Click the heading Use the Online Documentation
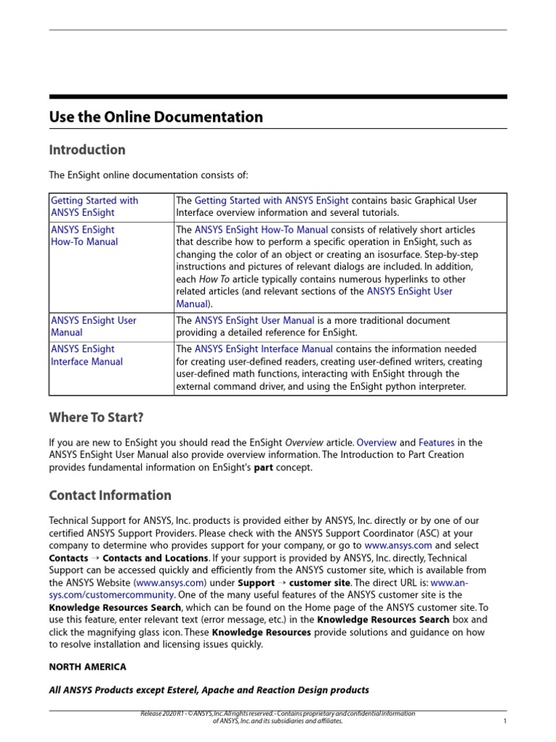(156, 117)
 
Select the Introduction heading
(87, 150)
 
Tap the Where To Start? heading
(96, 417)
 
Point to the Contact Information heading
(110, 496)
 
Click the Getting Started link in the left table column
(94, 207)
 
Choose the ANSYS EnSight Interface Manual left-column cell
(86, 355)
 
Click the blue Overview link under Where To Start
(376, 442)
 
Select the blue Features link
(437, 442)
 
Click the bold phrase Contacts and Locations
(156, 558)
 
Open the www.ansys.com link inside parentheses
(171, 583)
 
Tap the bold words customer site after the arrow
(320, 583)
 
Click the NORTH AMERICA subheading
(88, 667)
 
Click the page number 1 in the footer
(504, 722)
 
